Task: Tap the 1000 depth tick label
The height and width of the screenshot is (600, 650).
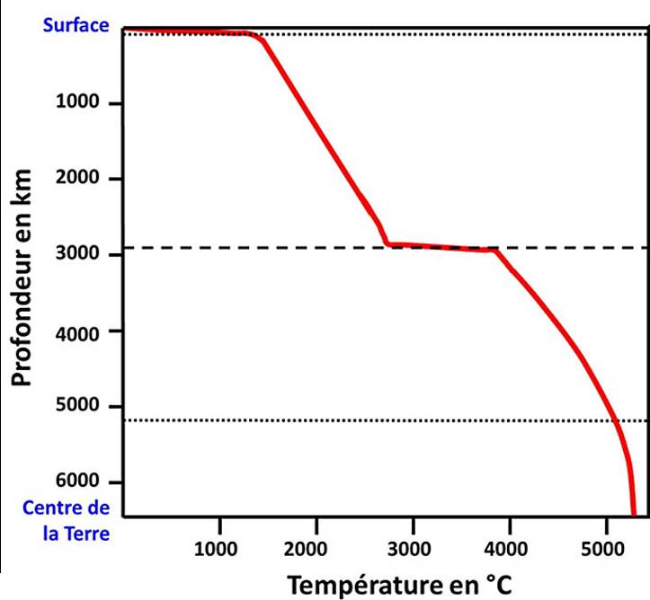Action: [x=76, y=103]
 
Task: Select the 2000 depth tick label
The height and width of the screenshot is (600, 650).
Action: [x=76, y=179]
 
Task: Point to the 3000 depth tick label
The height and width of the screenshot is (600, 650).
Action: [x=76, y=255]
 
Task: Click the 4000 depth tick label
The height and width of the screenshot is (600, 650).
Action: [x=76, y=331]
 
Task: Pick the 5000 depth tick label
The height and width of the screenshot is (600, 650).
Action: [x=76, y=407]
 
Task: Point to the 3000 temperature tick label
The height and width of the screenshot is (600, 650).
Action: [x=413, y=550]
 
